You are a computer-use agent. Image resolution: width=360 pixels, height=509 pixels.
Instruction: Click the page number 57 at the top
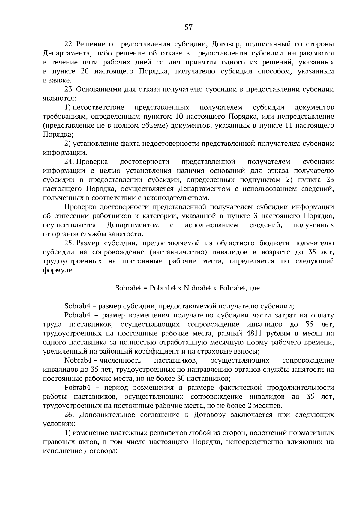coord(188,28)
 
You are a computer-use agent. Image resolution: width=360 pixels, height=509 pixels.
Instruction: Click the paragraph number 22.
coord(69,44)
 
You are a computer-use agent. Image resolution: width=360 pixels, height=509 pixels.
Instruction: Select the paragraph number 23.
coord(69,89)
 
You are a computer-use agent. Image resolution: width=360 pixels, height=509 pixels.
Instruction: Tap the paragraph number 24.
coord(69,162)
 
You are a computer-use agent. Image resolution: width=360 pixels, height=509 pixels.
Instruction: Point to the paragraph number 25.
coord(69,243)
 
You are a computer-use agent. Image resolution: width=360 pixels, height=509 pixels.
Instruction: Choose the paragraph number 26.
coord(69,415)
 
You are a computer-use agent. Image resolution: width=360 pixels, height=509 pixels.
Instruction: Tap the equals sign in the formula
coord(145,289)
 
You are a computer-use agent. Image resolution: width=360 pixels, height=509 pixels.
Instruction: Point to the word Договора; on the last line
coord(101,451)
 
